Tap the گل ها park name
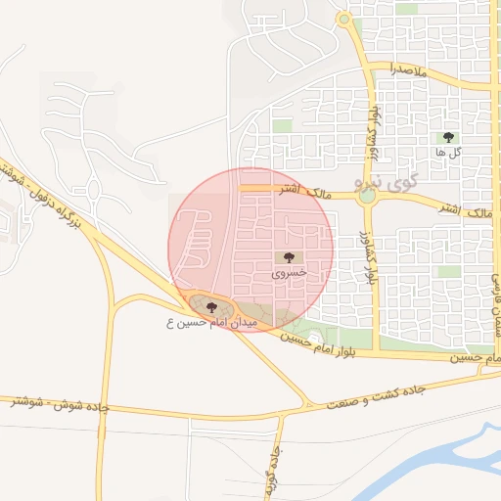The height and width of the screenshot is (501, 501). [x=449, y=154]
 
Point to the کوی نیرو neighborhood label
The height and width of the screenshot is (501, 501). [x=396, y=181]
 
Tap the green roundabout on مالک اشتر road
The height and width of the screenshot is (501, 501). [x=367, y=196]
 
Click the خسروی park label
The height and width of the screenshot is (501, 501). [x=289, y=275]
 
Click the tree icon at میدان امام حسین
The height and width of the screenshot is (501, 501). [x=211, y=307]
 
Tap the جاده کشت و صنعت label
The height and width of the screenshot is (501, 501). [x=384, y=395]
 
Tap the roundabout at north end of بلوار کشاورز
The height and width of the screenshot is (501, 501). [x=343, y=19]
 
